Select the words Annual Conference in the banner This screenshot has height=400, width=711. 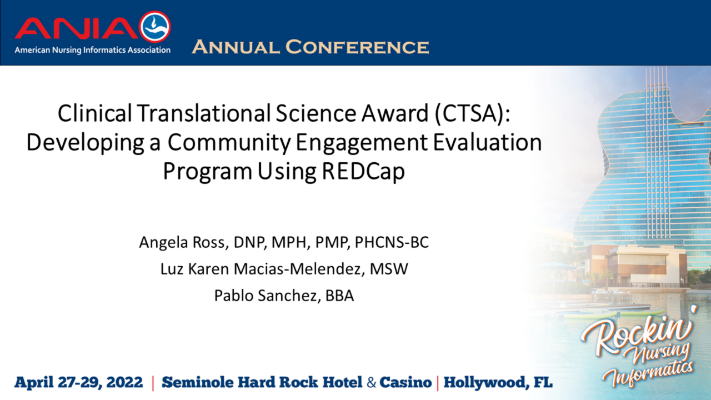[x=310, y=47]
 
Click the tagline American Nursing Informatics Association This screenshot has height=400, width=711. [x=92, y=50]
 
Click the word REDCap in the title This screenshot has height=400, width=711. [x=363, y=172]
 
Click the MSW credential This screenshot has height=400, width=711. [x=390, y=269]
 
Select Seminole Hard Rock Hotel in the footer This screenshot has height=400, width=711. [x=262, y=383]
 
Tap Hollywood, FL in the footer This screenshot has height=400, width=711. [x=498, y=383]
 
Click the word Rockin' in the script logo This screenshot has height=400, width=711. [x=636, y=333]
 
